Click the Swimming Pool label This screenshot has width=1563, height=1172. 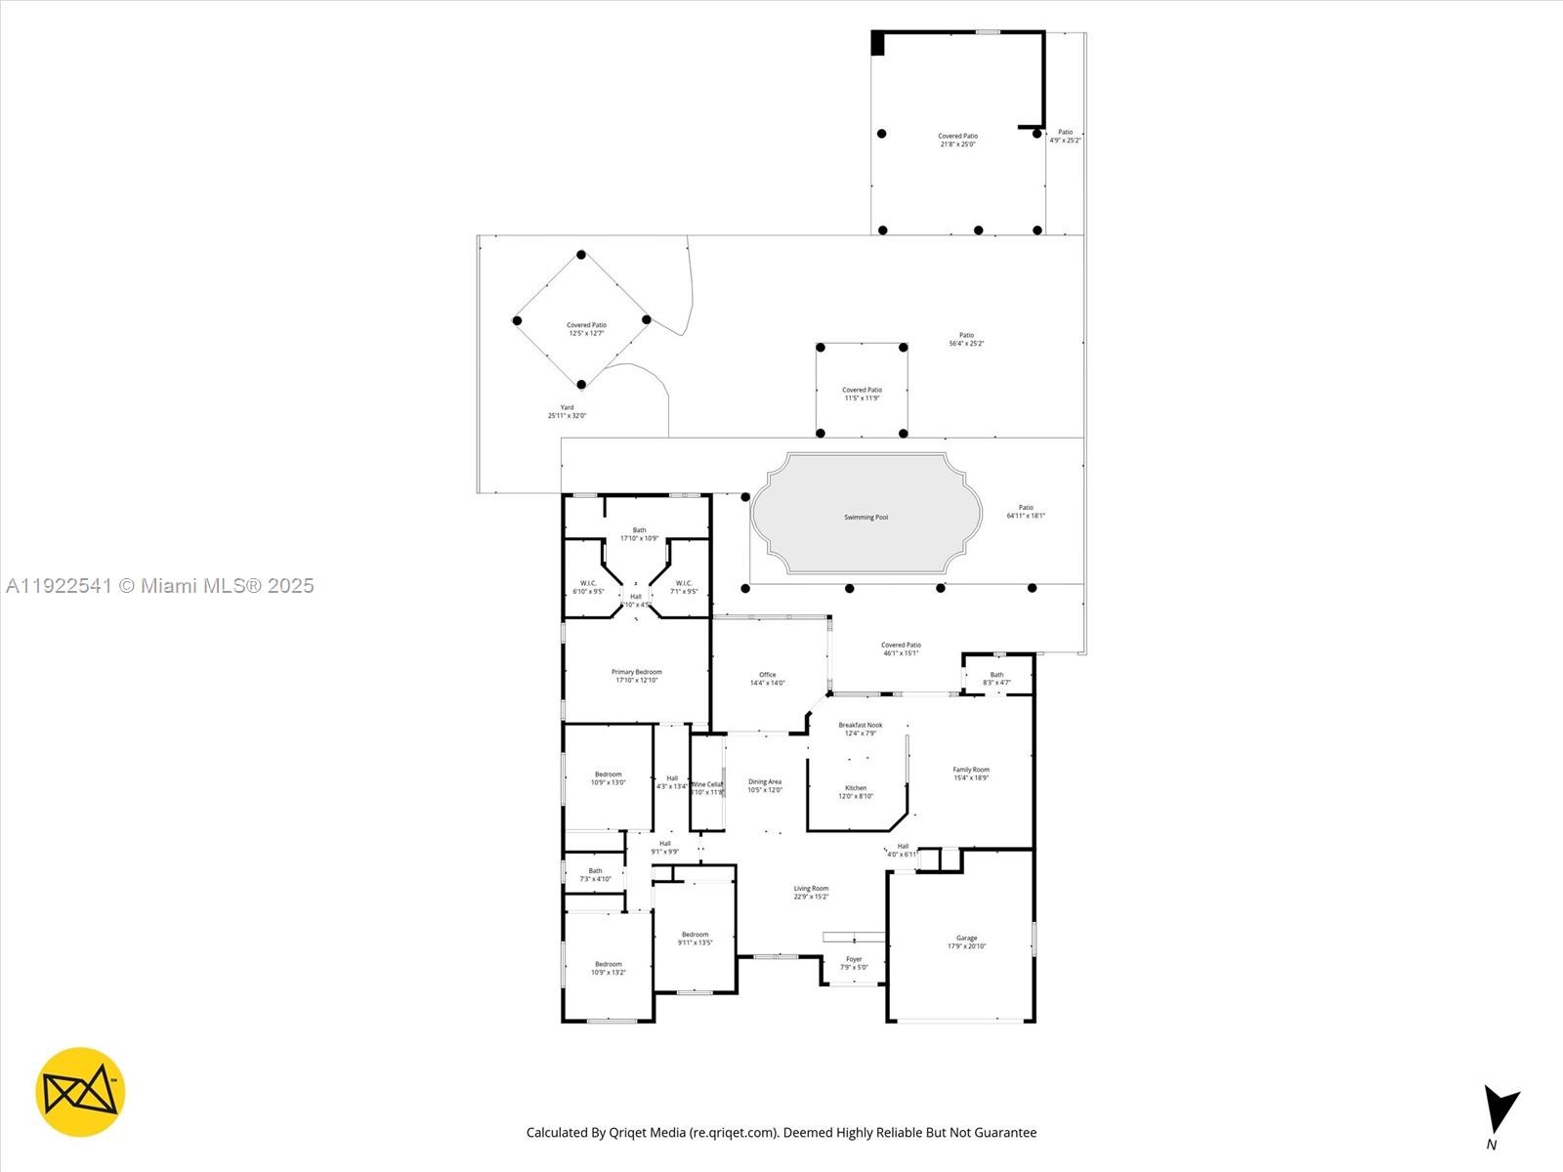click(866, 518)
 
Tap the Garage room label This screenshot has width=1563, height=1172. click(966, 942)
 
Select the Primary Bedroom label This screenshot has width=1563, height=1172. click(636, 676)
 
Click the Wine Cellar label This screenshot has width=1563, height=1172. click(706, 787)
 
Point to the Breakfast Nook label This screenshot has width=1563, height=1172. click(860, 729)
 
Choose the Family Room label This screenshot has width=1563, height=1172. click(971, 774)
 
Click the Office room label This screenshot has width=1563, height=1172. click(767, 679)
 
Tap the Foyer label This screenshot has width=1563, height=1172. click(854, 963)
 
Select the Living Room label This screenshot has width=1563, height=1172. click(811, 893)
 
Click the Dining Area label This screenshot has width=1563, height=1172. click(765, 785)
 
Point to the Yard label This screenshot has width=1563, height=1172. click(567, 411)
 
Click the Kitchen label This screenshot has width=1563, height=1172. click(856, 792)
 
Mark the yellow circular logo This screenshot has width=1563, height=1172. click(80, 1092)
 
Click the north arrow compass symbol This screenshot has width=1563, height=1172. click(1499, 1113)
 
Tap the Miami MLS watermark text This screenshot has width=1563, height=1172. click(159, 586)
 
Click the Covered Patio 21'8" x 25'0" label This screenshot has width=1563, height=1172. click(957, 140)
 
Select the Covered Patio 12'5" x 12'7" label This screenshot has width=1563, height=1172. click(586, 329)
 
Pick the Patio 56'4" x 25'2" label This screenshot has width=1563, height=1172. click(966, 339)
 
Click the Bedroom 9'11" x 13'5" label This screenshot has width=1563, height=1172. click(695, 939)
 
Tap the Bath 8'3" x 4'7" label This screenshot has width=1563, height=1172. click(996, 679)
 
